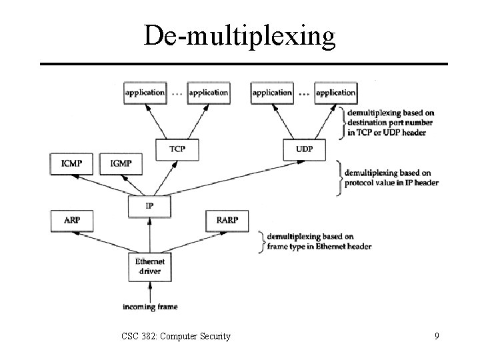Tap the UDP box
coord(304,149)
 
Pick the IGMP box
coord(120,163)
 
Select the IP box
coord(149,206)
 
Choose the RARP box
coord(227,220)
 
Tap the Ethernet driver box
coord(149,266)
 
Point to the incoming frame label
coord(150,307)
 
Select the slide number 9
coord(436,336)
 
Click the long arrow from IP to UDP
coord(227,178)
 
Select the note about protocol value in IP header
coord(390,178)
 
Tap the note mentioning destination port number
coord(390,122)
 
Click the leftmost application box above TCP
coord(145,93)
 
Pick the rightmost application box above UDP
coord(335,93)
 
